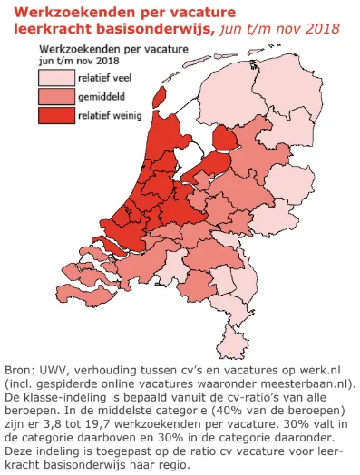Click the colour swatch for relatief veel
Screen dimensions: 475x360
pyautogui.click(x=55, y=78)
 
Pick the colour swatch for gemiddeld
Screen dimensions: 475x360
pyautogui.click(x=55, y=96)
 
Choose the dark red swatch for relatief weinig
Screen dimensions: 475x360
pyautogui.click(x=55, y=114)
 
